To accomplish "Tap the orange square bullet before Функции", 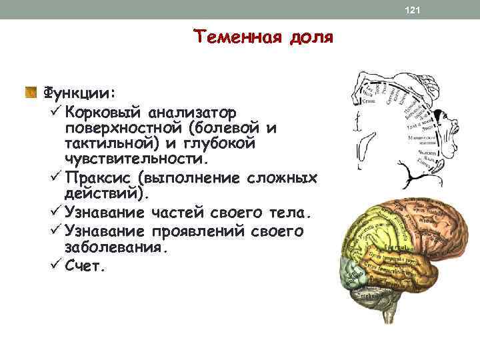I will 31,91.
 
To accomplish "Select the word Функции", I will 79,91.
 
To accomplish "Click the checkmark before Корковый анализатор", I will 55,109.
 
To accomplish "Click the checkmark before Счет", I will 55,265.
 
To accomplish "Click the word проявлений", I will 193,231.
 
